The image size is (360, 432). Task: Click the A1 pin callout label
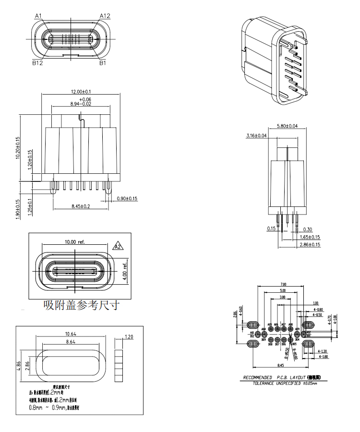click(39, 16)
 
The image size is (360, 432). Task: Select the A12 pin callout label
click(105, 16)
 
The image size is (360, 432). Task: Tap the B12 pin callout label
click(38, 62)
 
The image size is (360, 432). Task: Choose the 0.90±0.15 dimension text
click(127, 198)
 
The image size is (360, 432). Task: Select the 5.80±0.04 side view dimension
click(287, 126)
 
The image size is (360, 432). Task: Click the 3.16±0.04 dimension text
click(256, 136)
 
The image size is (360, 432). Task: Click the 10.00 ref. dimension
click(74, 241)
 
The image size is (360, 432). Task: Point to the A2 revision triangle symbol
click(117, 247)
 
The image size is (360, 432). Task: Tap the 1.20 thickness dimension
click(128, 337)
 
